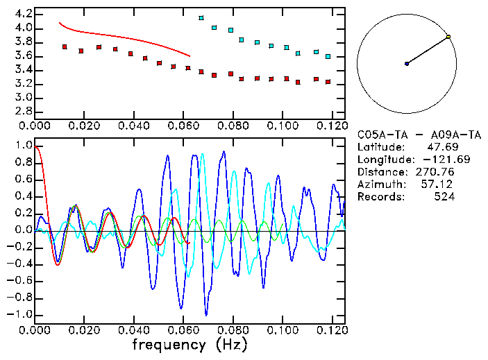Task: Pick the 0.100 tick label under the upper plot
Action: click(282, 127)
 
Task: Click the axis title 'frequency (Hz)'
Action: click(190, 344)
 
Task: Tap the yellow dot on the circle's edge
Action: click(448, 37)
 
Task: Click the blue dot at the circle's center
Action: click(407, 64)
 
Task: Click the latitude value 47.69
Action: click(439, 147)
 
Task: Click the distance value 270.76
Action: click(435, 172)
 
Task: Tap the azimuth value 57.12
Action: click(439, 185)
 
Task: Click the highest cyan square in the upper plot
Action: click(201, 18)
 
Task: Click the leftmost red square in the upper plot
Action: click(65, 47)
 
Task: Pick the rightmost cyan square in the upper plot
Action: click(328, 56)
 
